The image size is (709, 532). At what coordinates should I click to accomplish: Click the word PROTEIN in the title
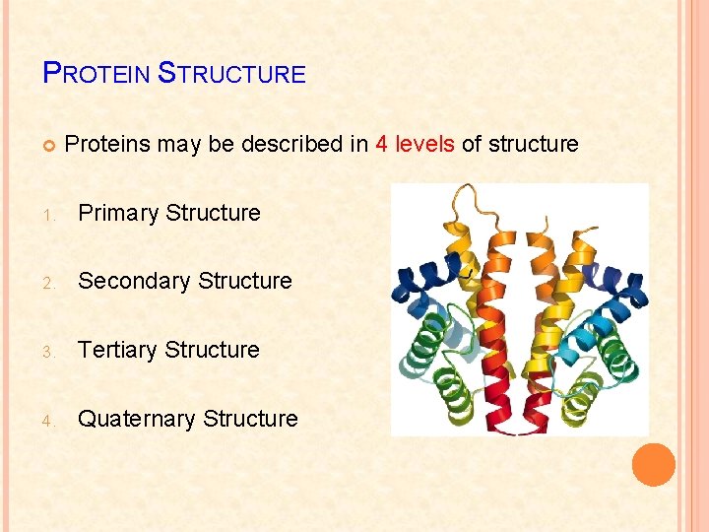point(97,73)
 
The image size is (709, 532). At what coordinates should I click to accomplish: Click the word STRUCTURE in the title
point(232,73)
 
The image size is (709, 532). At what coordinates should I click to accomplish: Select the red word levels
point(424,144)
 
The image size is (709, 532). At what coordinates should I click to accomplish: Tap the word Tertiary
point(118,350)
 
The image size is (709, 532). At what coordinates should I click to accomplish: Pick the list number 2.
point(48,283)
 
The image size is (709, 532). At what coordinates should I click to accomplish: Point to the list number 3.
point(48,352)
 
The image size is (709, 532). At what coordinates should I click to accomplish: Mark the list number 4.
point(48,421)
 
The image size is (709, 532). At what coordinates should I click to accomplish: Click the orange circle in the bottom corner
point(654,465)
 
